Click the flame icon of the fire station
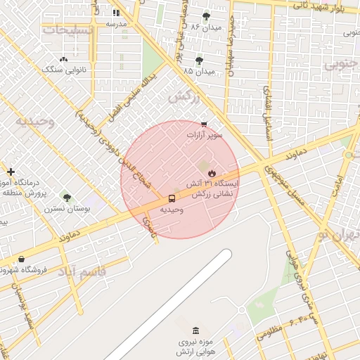tap(211, 172)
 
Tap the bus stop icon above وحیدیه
tap(172, 198)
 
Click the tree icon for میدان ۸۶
tap(206, 16)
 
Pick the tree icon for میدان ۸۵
tap(199, 60)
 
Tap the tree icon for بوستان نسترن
tap(67, 198)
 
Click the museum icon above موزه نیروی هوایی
tap(195, 331)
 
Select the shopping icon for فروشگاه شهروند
tap(21, 259)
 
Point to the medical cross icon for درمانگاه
tap(11, 172)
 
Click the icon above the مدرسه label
tap(116, 13)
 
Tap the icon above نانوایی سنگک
tap(64, 60)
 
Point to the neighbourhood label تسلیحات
tap(67, 30)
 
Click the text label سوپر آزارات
tap(205, 134)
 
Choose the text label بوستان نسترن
tap(65, 209)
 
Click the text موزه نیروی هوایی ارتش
tap(195, 347)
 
